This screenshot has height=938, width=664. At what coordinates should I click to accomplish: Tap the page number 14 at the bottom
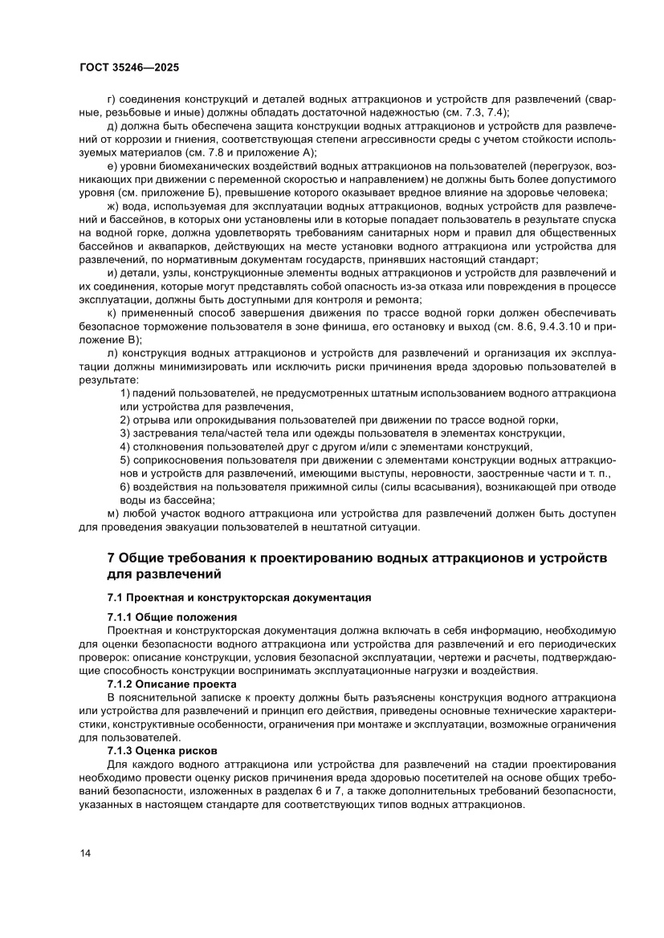pyautogui.click(x=85, y=852)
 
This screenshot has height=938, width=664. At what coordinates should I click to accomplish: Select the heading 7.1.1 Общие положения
pyautogui.click(x=172, y=616)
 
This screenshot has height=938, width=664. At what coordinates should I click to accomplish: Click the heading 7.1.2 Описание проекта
pyautogui.click(x=172, y=684)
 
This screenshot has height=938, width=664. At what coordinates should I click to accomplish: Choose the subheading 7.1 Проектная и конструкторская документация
pyautogui.click(x=238, y=597)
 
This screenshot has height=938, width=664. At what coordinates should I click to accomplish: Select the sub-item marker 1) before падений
pyautogui.click(x=124, y=393)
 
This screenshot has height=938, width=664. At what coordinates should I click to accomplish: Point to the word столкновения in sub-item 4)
pyautogui.click(x=169, y=447)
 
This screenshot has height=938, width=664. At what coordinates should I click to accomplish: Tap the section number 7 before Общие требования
pyautogui.click(x=112, y=558)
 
